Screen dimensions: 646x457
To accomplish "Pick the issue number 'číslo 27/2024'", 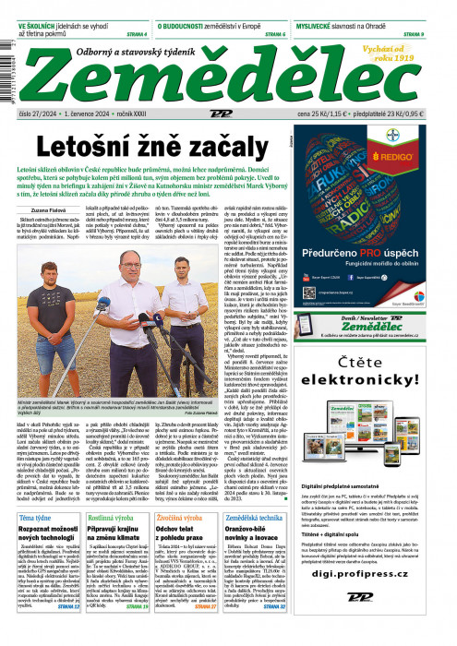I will click(39, 112).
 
